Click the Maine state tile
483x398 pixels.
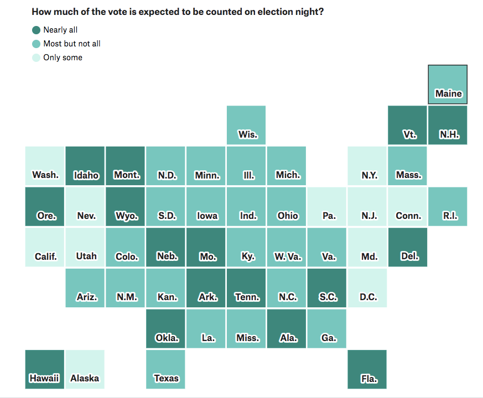[x=448, y=85]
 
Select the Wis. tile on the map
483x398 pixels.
[x=246, y=125]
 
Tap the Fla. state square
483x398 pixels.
[x=367, y=369]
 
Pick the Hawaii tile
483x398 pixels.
[x=45, y=369]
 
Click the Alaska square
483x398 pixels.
[x=85, y=369]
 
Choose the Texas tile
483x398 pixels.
[x=166, y=369]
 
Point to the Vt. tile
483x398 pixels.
[x=408, y=125]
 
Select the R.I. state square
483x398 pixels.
[x=448, y=206]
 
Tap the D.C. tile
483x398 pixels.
[x=367, y=287]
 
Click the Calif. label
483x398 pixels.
[x=46, y=256]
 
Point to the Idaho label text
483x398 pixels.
[x=86, y=175]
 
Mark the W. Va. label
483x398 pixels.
[x=288, y=256]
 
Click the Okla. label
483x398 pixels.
[x=167, y=338]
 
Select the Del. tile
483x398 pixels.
[x=408, y=247]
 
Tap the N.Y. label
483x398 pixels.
[x=369, y=175]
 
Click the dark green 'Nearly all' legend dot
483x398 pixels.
[x=37, y=30]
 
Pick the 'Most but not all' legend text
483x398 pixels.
[x=72, y=44]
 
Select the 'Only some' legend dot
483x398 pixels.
[x=37, y=57]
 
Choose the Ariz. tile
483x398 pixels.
[x=85, y=287]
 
